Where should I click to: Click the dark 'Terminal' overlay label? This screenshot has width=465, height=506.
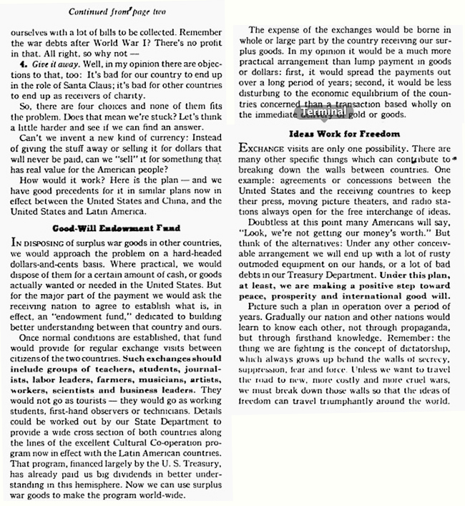[x=324, y=114]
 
